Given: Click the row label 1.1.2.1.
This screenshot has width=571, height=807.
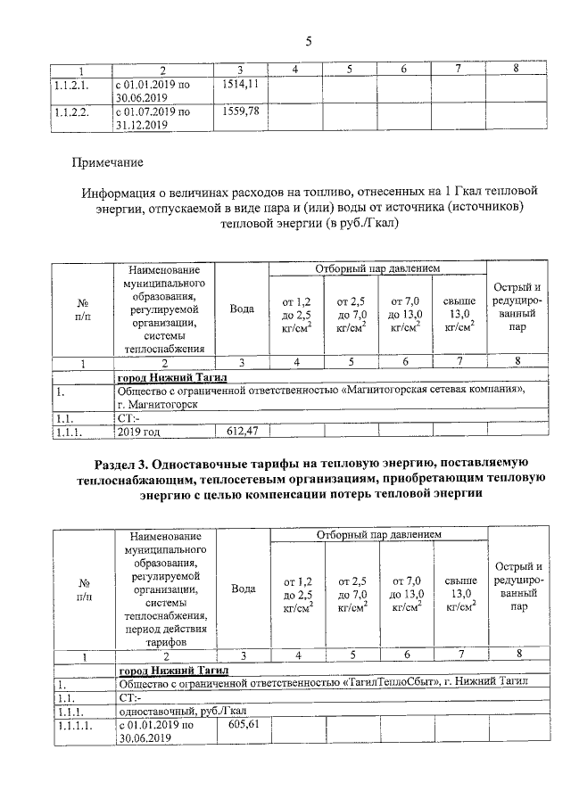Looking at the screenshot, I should pos(70,85).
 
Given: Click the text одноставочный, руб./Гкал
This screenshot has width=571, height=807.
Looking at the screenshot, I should pos(182,711).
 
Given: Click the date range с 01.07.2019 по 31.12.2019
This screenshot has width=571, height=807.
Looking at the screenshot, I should pos(153,119).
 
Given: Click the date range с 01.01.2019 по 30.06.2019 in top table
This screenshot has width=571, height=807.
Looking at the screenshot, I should pos(153,91).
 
